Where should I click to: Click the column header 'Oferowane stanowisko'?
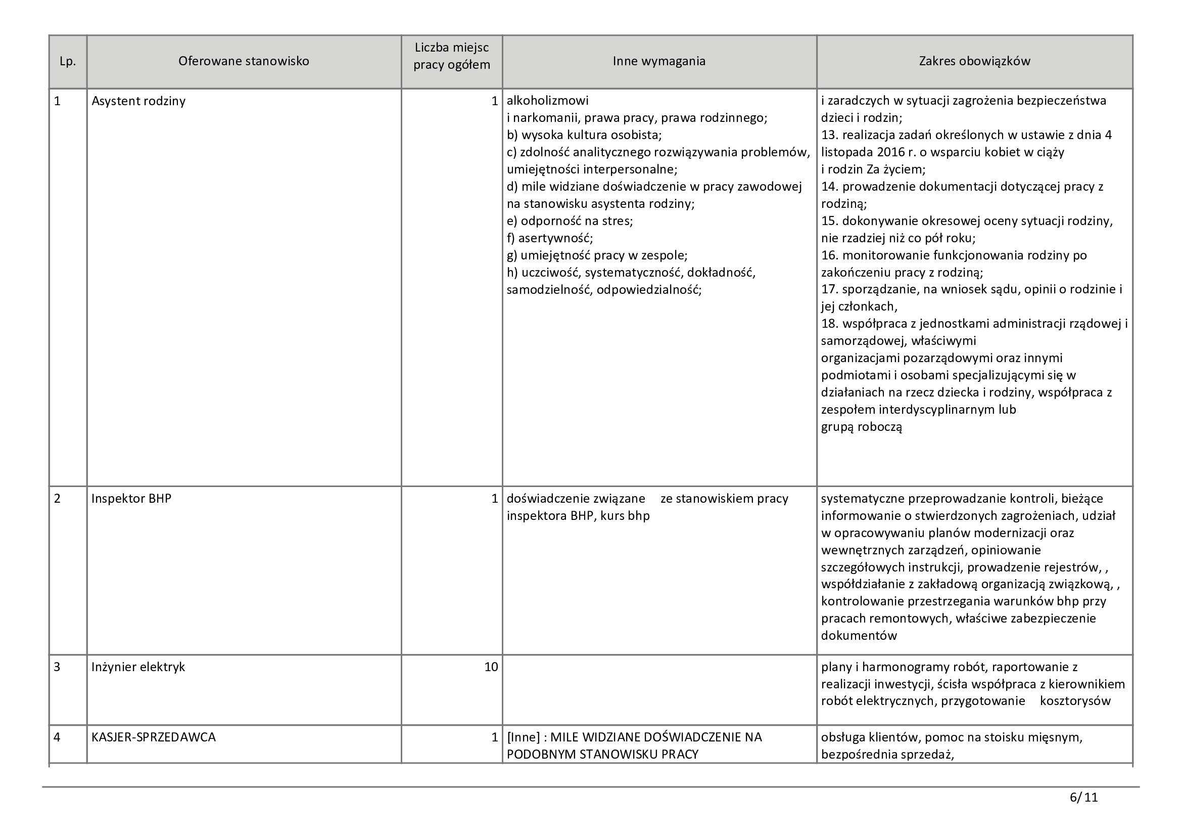click(x=244, y=61)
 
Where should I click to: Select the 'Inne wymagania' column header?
click(x=658, y=61)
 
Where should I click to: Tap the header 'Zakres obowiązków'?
click(x=974, y=61)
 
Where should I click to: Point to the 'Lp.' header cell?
click(x=67, y=62)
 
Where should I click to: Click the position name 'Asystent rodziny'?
click(x=138, y=101)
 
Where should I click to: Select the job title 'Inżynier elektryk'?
click(x=138, y=667)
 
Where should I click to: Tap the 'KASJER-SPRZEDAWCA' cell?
click(x=154, y=737)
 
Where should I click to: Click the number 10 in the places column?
click(x=491, y=667)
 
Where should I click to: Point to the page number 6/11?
click(x=1083, y=798)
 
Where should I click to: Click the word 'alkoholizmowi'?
click(x=547, y=101)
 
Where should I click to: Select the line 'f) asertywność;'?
click(x=549, y=238)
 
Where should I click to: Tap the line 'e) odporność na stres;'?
click(x=570, y=221)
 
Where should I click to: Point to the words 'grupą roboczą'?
click(x=861, y=427)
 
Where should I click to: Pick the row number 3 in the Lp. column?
click(x=57, y=667)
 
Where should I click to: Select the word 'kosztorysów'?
click(x=1075, y=701)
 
